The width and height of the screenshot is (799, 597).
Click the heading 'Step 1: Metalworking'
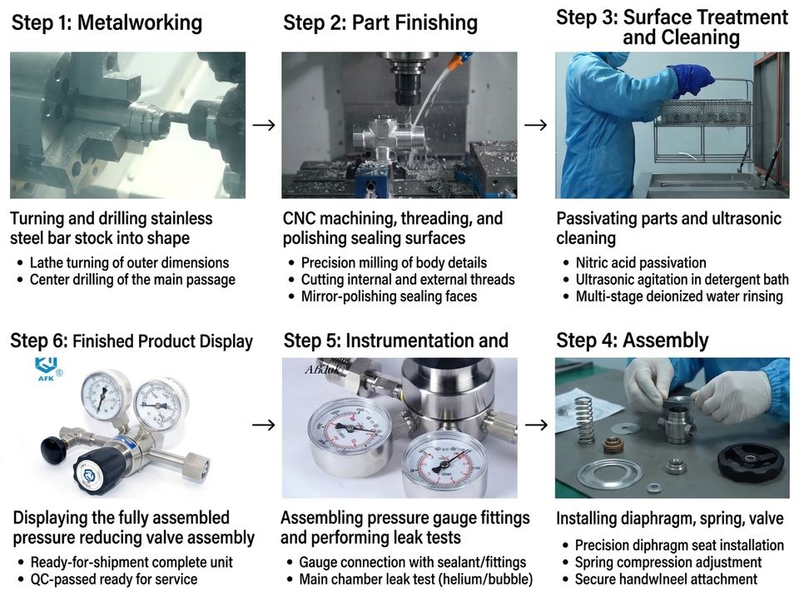pos(107,23)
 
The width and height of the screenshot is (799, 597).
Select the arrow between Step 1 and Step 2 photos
pos(264,125)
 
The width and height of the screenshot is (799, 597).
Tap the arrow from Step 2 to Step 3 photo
pos(535,125)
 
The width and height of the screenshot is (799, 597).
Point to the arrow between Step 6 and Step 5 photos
pos(264,425)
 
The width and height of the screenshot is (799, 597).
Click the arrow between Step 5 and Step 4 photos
pos(536,425)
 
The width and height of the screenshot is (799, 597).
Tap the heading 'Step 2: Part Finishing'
pos(380,23)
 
